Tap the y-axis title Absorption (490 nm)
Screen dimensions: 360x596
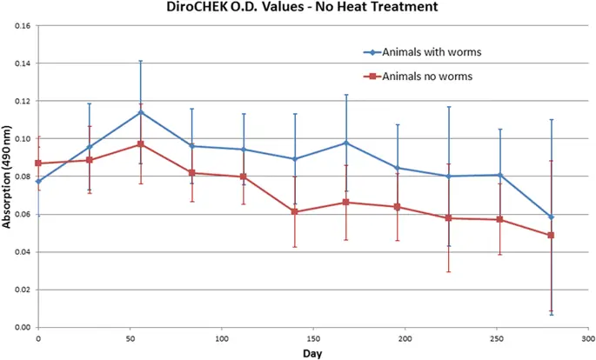click(x=7, y=177)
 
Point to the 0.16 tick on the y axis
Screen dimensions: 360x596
click(x=22, y=26)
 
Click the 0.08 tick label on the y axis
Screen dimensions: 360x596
click(x=22, y=177)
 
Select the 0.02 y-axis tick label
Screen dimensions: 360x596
click(x=22, y=290)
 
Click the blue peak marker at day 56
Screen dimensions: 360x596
click(x=141, y=112)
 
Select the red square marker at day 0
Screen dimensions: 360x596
click(x=38, y=163)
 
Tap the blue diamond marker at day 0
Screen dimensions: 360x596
click(x=38, y=182)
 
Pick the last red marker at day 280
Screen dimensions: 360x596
click(x=551, y=236)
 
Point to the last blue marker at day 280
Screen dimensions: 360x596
click(x=551, y=217)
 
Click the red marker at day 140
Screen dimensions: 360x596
click(x=295, y=212)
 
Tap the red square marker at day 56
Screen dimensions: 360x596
click(x=141, y=144)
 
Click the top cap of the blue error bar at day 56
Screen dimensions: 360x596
click(x=141, y=61)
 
